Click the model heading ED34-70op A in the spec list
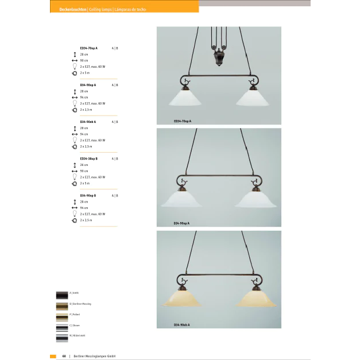tap(88, 48)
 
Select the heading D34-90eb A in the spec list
tap(88, 122)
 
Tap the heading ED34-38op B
tap(88, 158)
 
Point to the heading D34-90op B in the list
tap(88, 196)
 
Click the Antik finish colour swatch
tap(61, 295)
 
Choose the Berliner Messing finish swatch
tap(61, 305)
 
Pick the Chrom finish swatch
tap(61, 327)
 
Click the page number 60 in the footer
tap(64, 356)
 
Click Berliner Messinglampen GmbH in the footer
tap(94, 356)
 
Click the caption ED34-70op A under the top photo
tap(182, 121)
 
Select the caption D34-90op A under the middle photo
tap(181, 223)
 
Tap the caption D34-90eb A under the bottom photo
tap(181, 325)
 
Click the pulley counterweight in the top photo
tap(219, 58)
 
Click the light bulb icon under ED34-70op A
tap(75, 67)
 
